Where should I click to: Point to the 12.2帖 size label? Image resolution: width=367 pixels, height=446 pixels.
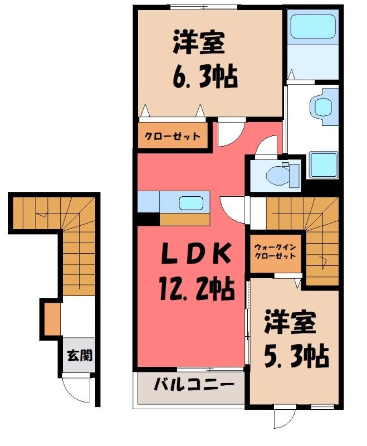pyautogui.click(x=197, y=289)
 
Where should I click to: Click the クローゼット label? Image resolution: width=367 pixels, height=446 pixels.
pyautogui.click(x=173, y=136)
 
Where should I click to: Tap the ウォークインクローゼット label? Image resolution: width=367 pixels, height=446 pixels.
pyautogui.click(x=275, y=251)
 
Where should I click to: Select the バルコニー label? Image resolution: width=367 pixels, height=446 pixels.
pyautogui.click(x=194, y=385)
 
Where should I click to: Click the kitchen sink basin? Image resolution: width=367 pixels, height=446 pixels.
pyautogui.click(x=191, y=203)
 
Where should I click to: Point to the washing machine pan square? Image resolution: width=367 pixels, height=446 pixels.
pyautogui.click(x=323, y=165)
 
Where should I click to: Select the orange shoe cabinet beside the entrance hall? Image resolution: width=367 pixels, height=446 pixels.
pyautogui.click(x=52, y=319)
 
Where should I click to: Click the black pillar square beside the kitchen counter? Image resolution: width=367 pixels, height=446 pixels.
pyautogui.click(x=148, y=219)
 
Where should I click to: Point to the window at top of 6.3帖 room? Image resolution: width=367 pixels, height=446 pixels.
pyautogui.click(x=204, y=7)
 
